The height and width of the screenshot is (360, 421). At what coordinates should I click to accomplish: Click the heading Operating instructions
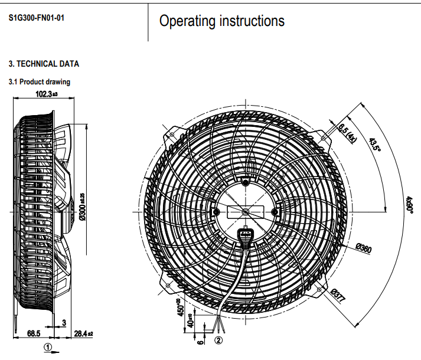222,21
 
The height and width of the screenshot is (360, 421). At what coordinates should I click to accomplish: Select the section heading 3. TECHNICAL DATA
44,64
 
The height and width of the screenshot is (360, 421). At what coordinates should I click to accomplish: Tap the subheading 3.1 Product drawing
39,82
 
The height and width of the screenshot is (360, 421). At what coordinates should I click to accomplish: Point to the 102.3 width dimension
47,94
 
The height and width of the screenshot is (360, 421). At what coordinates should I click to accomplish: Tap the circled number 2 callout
218,340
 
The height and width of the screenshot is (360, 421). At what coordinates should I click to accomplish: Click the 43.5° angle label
374,145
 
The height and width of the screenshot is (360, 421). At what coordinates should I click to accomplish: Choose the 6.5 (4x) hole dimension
348,133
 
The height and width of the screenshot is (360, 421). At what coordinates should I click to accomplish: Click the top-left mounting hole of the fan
172,135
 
